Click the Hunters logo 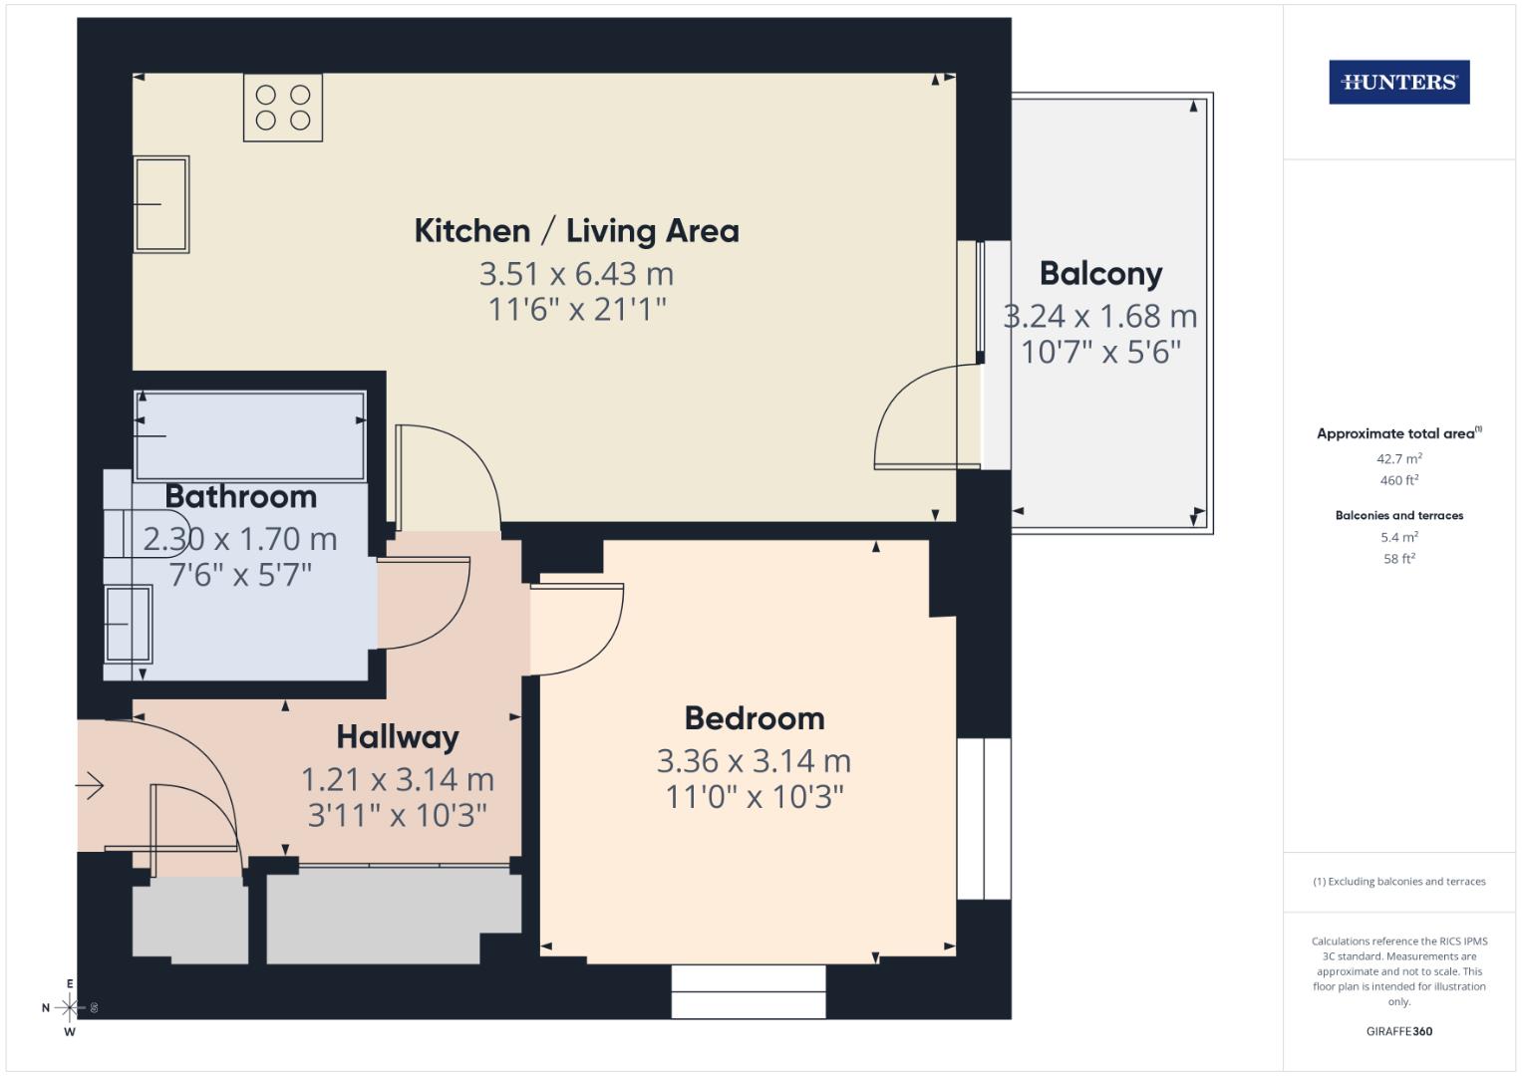tap(1398, 83)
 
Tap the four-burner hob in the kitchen tap(283, 108)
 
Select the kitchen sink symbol tap(161, 204)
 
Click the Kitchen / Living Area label tap(576, 231)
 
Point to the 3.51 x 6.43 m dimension tap(576, 273)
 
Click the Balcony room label tap(1100, 273)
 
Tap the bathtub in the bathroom tap(249, 435)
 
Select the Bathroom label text tap(240, 496)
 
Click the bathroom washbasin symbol tap(129, 624)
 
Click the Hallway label tap(397, 737)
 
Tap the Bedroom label tap(755, 718)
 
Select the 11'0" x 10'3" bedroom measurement tap(755, 797)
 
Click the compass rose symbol tap(69, 1008)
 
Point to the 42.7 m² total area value tap(1398, 459)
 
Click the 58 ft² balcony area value tap(1398, 559)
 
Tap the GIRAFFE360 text tap(1398, 1031)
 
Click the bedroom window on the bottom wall tap(749, 991)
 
